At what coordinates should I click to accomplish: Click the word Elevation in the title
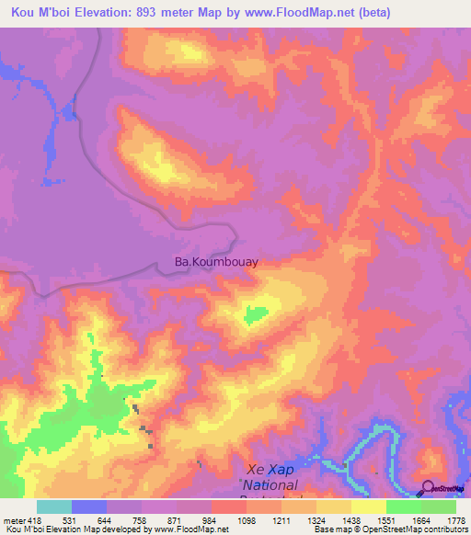click(x=113, y=12)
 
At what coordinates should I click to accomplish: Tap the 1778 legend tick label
click(x=455, y=522)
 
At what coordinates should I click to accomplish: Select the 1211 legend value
click(x=281, y=522)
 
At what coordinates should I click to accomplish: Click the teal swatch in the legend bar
click(x=54, y=507)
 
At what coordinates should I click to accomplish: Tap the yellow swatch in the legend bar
click(x=368, y=507)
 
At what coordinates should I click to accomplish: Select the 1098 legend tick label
click(x=246, y=522)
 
